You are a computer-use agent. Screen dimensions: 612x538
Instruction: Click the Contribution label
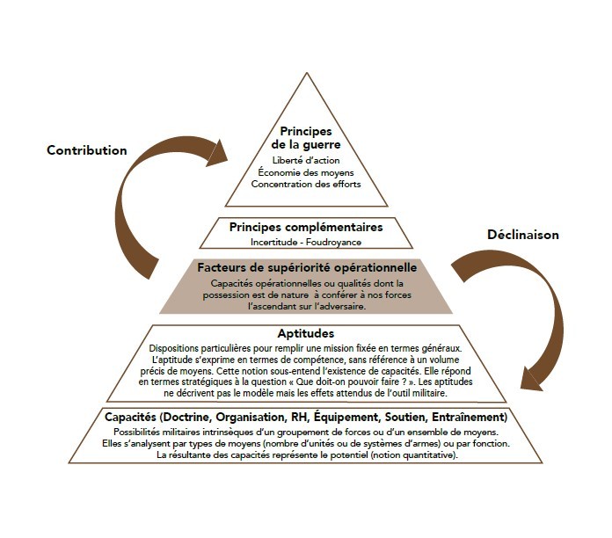point(87,150)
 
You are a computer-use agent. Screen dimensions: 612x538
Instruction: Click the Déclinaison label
point(524,235)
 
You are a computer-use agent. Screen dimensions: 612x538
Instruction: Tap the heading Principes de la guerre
point(305,137)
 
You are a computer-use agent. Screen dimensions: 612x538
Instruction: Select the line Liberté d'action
point(305,161)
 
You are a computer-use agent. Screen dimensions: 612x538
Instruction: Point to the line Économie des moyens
point(305,172)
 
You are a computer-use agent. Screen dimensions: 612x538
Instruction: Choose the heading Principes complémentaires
point(306,227)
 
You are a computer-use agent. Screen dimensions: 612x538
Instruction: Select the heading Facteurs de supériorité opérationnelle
point(306,266)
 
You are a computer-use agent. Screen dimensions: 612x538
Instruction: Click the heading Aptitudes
point(306,334)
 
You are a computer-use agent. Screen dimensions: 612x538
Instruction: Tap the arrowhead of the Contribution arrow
point(219,156)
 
